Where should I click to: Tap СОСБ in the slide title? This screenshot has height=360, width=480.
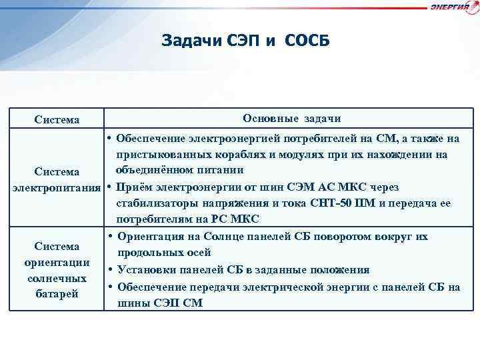click(307, 41)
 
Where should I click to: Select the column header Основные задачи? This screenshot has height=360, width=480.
click(292, 119)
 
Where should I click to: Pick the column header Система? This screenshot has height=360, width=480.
click(57, 120)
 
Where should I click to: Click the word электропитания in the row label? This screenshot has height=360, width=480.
click(57, 187)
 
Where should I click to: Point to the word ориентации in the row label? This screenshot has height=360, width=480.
click(57, 262)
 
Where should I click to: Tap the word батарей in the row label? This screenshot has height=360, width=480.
click(57, 293)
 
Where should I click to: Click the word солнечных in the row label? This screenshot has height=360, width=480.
click(57, 277)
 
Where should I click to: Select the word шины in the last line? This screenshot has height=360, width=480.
click(132, 303)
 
